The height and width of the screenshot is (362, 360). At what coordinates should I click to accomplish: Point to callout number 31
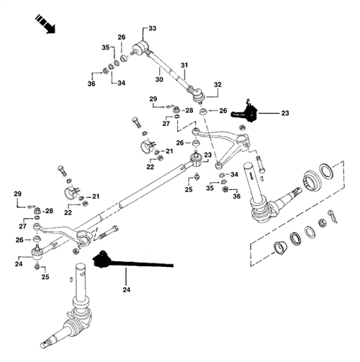pyautogui.click(x=184, y=65)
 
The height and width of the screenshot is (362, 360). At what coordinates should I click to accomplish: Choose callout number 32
pyautogui.click(x=217, y=84)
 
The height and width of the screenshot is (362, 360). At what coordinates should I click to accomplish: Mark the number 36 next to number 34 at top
pyautogui.click(x=92, y=84)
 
